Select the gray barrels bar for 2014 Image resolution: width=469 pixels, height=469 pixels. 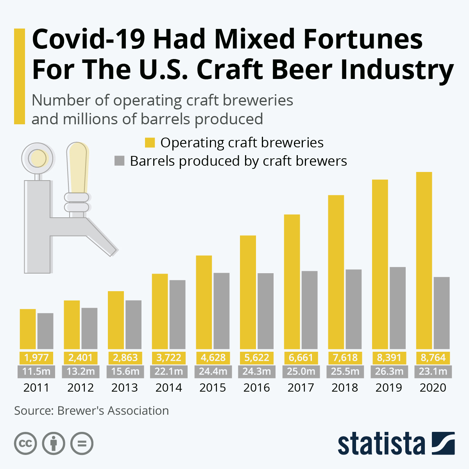(x=177, y=314)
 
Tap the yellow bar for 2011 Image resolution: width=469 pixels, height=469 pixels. (x=28, y=329)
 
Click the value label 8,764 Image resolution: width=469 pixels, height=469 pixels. (x=433, y=358)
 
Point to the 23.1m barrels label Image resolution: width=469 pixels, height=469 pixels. (x=433, y=371)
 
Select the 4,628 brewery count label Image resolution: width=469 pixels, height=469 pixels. (x=213, y=358)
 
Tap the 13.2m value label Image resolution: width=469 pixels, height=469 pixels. (x=81, y=371)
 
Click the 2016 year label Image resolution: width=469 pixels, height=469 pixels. (x=256, y=388)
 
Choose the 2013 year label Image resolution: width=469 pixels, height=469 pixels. (x=125, y=388)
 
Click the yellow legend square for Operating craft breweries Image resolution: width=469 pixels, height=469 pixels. (x=150, y=143)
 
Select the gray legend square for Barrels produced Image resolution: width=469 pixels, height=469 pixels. (x=120, y=161)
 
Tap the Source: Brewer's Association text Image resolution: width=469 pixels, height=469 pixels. (x=91, y=411)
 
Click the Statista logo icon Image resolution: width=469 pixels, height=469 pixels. (x=443, y=443)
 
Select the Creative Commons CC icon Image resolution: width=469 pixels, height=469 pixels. (x=25, y=444)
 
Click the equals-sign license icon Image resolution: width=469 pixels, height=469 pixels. (x=82, y=444)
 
